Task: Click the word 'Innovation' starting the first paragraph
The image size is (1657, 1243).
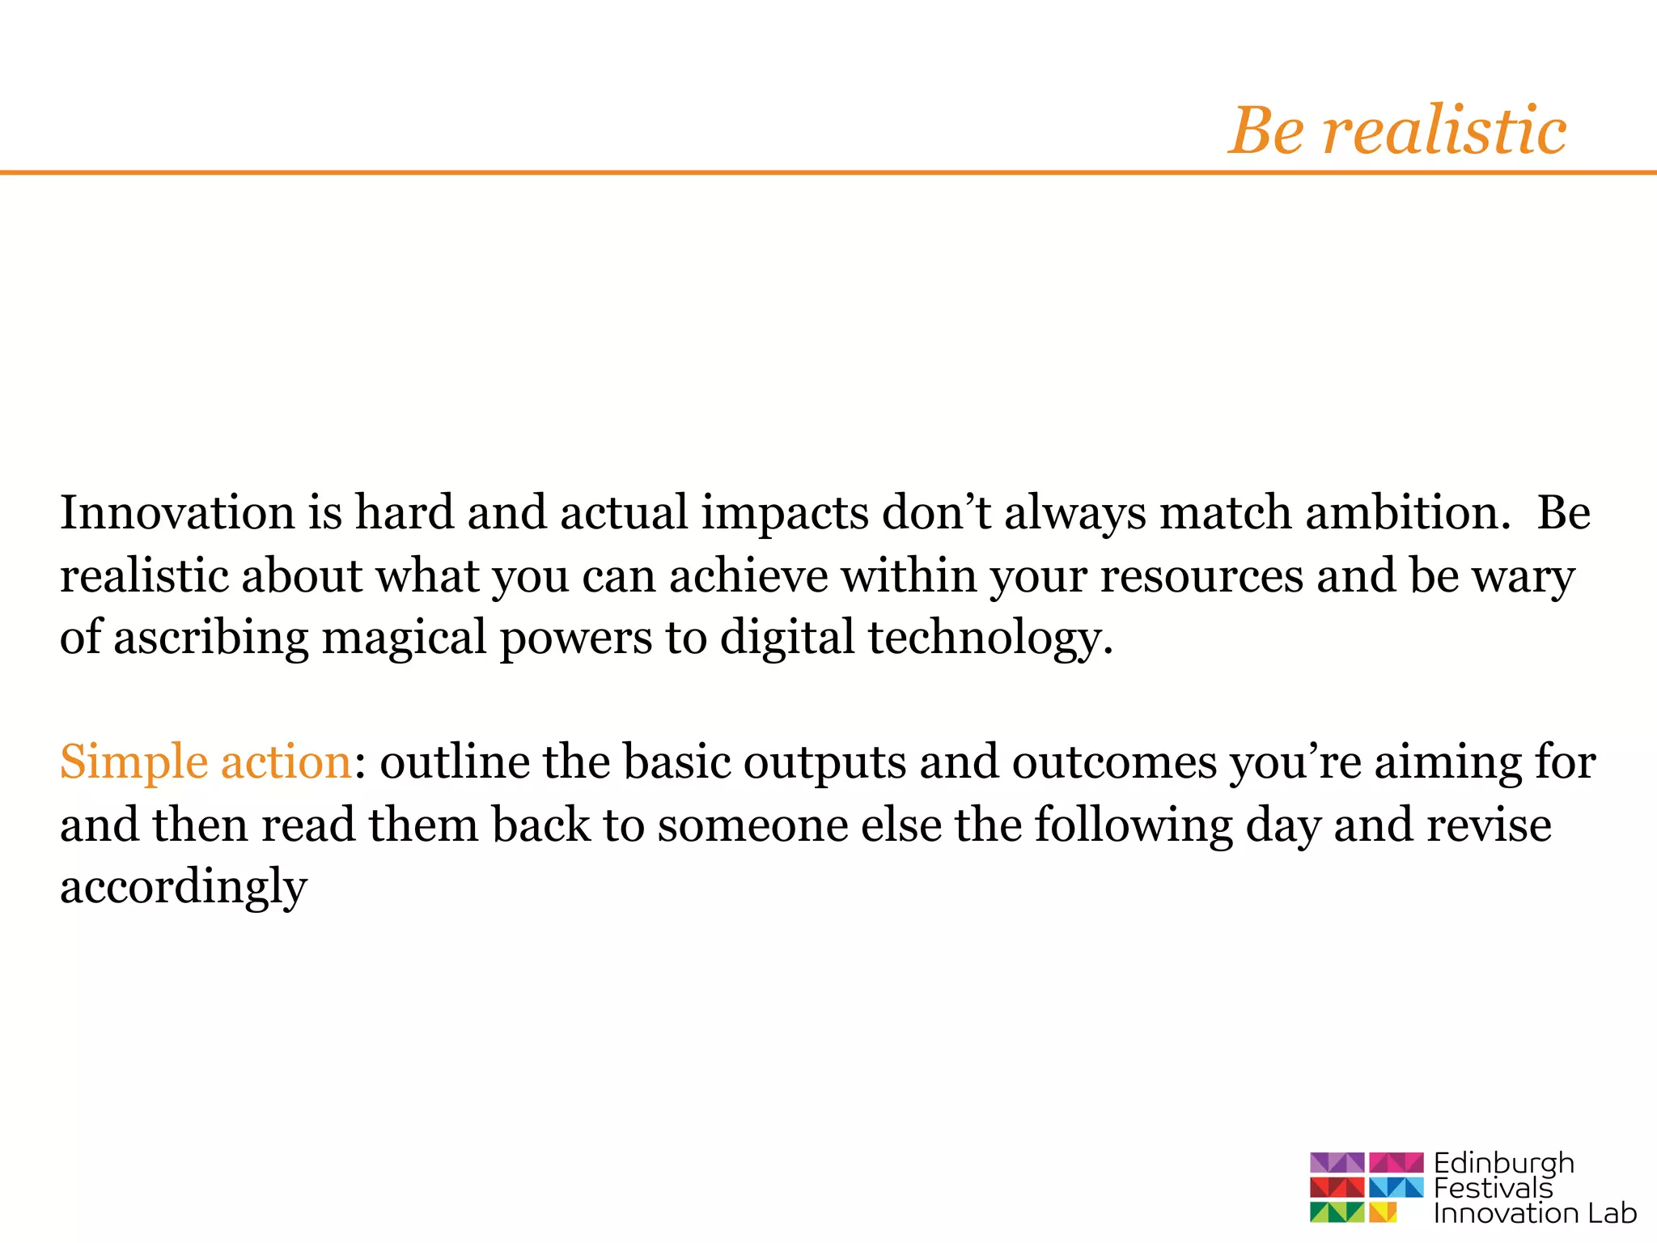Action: [x=177, y=513]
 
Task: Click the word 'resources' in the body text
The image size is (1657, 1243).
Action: [x=1201, y=576]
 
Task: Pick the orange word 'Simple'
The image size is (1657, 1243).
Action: [x=133, y=763]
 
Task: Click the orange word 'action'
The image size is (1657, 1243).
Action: [x=286, y=762]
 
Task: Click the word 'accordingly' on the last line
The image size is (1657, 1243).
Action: [x=184, y=889]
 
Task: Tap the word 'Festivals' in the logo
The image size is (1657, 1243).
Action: [x=1493, y=1189]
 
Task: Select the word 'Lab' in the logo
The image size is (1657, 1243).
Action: [x=1612, y=1214]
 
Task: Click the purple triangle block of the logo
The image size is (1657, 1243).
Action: [x=1337, y=1163]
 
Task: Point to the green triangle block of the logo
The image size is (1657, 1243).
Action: [x=1337, y=1212]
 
